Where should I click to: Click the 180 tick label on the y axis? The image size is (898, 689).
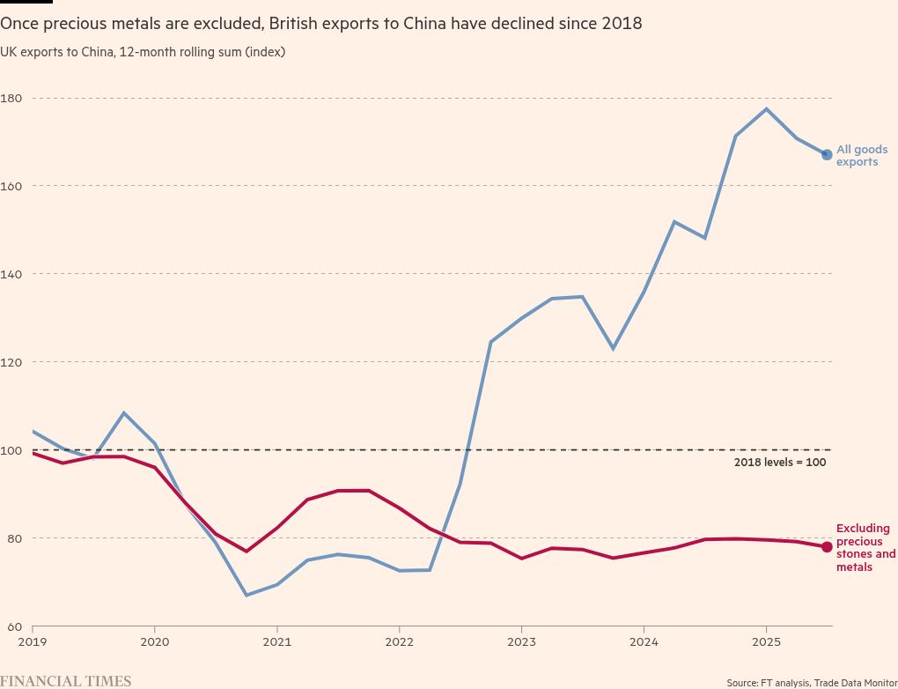click(11, 98)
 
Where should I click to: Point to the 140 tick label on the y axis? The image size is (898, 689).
click(11, 274)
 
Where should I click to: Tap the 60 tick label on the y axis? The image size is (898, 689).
click(9, 626)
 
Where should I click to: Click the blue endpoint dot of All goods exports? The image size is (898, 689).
click(827, 154)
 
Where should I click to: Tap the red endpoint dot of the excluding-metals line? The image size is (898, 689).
click(827, 547)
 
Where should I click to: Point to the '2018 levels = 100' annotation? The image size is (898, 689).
click(779, 463)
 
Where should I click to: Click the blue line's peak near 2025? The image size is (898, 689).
click(767, 109)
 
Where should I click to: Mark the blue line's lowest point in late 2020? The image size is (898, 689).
click(247, 596)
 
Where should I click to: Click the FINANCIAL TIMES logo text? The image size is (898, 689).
click(66, 681)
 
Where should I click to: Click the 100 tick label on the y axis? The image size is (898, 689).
click(11, 450)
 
